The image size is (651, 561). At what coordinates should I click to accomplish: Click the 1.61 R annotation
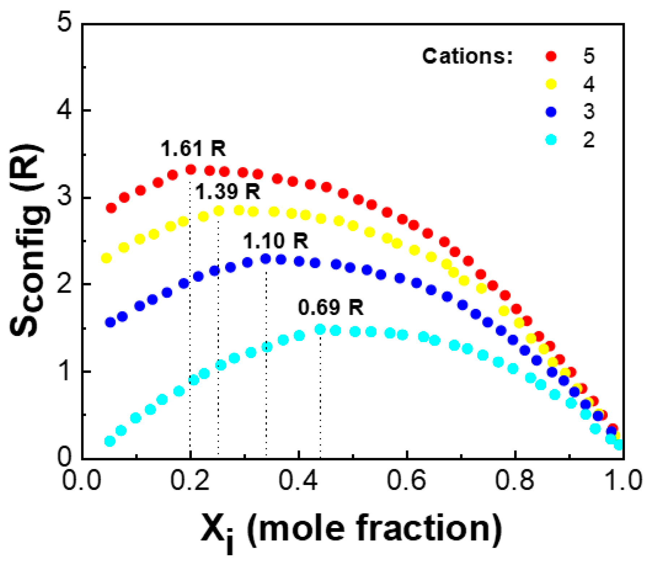[193, 148]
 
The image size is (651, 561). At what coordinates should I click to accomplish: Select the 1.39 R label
[228, 191]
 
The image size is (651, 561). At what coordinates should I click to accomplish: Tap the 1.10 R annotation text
[275, 241]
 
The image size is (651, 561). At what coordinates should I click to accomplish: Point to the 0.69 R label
[331, 308]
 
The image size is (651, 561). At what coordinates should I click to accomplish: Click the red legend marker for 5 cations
[551, 56]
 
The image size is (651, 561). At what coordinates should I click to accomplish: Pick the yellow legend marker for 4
[551, 84]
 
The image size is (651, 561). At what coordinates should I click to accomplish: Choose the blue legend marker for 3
[551, 112]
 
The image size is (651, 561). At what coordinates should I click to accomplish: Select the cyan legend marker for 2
[551, 139]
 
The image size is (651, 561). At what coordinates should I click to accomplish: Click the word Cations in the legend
[467, 56]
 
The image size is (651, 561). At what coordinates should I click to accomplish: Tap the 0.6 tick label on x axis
[407, 480]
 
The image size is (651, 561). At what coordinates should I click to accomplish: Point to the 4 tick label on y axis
[64, 110]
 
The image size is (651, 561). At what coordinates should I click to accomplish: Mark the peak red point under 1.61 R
[190, 169]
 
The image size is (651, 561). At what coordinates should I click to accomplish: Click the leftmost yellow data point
[106, 258]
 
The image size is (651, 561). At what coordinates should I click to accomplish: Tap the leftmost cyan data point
[110, 441]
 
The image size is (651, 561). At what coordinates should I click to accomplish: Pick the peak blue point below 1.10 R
[266, 259]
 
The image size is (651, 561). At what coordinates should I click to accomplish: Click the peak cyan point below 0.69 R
[320, 329]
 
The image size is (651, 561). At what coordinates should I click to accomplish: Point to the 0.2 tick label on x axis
[190, 480]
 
